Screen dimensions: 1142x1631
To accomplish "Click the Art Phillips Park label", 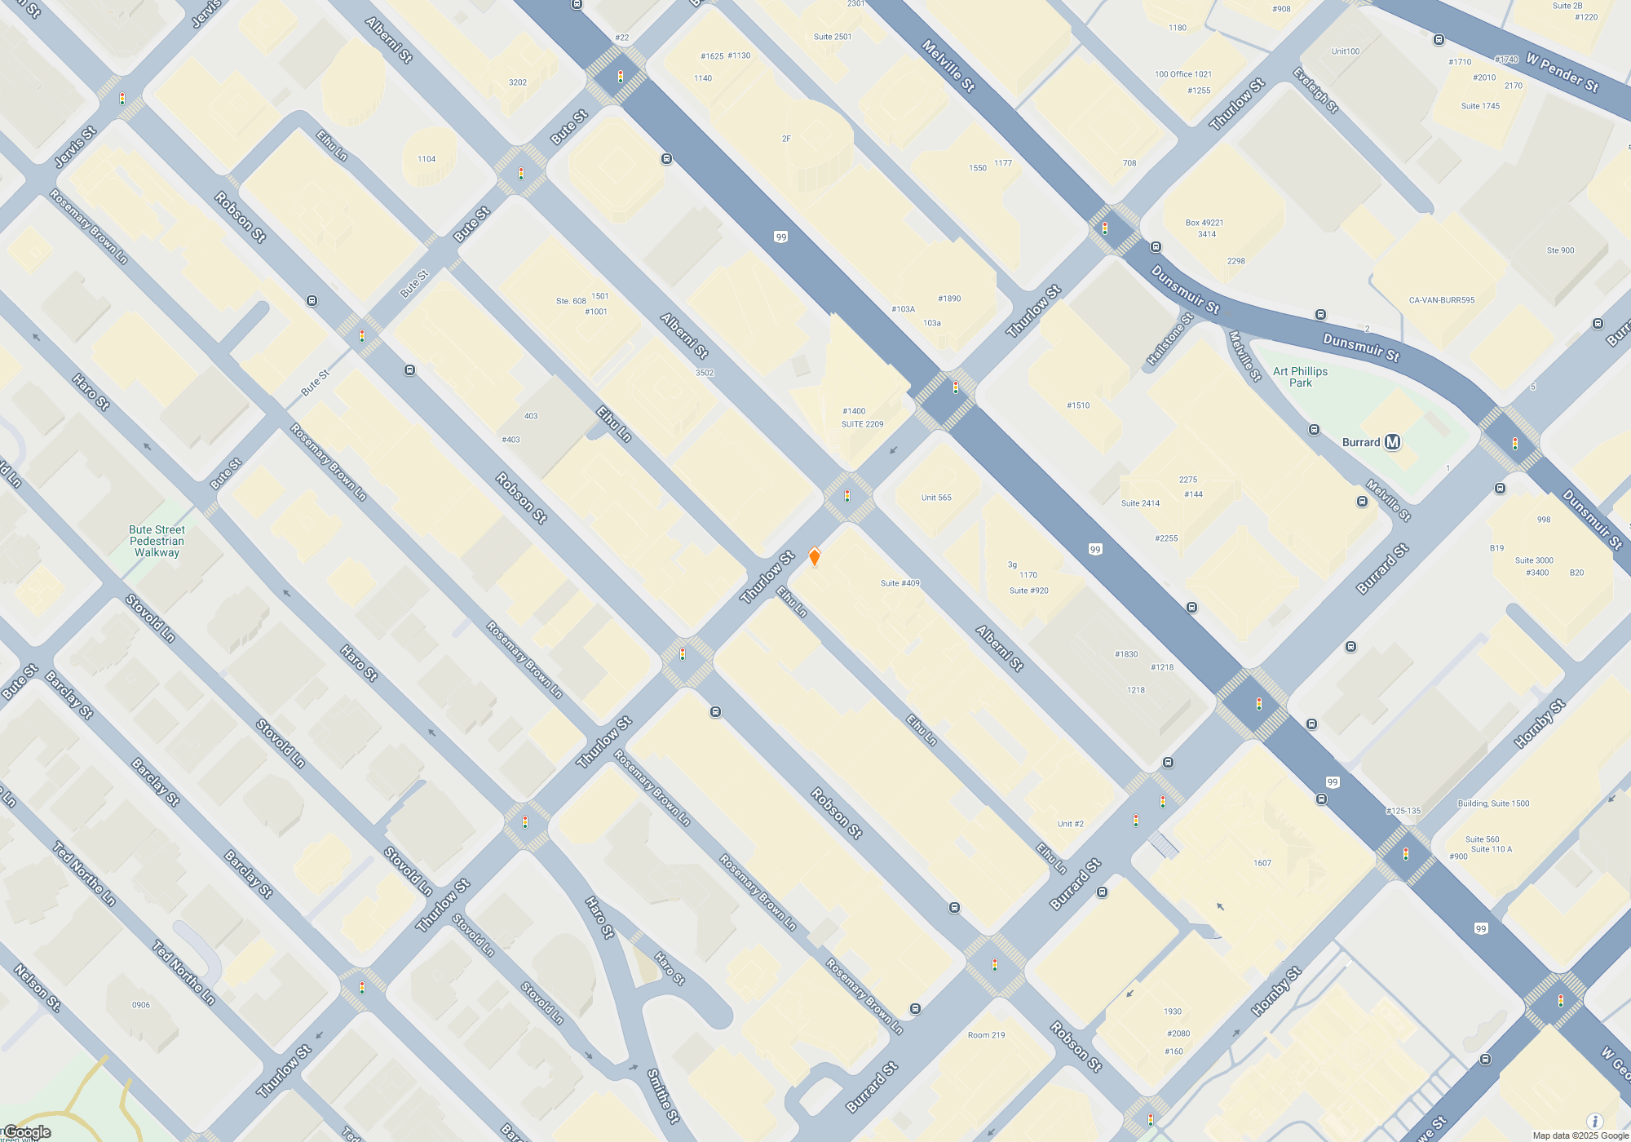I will (1300, 377).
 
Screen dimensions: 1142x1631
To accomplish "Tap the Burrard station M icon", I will (1392, 442).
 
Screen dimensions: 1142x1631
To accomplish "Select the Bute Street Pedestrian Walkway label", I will (157, 541).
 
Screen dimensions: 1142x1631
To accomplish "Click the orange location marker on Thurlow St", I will (814, 557).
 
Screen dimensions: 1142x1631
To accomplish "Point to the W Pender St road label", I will (1562, 73).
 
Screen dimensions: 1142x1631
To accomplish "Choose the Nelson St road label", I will (37, 988).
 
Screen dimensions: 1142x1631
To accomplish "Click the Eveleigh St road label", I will (1315, 90).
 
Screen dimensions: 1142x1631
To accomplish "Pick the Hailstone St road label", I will (1169, 339).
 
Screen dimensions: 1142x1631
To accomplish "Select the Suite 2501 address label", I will (832, 37).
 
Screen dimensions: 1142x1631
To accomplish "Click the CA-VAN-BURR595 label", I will (1442, 300).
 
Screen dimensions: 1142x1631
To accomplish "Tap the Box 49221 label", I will (1204, 223).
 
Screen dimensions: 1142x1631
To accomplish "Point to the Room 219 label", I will (986, 1035).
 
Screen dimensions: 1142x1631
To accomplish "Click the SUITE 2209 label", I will (862, 424).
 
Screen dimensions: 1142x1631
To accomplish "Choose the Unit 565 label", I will (936, 498).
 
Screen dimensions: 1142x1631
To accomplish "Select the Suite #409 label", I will (899, 583).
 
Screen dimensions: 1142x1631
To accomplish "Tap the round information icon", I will (1594, 1122).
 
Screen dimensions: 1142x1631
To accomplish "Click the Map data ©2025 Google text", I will (1580, 1135).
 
